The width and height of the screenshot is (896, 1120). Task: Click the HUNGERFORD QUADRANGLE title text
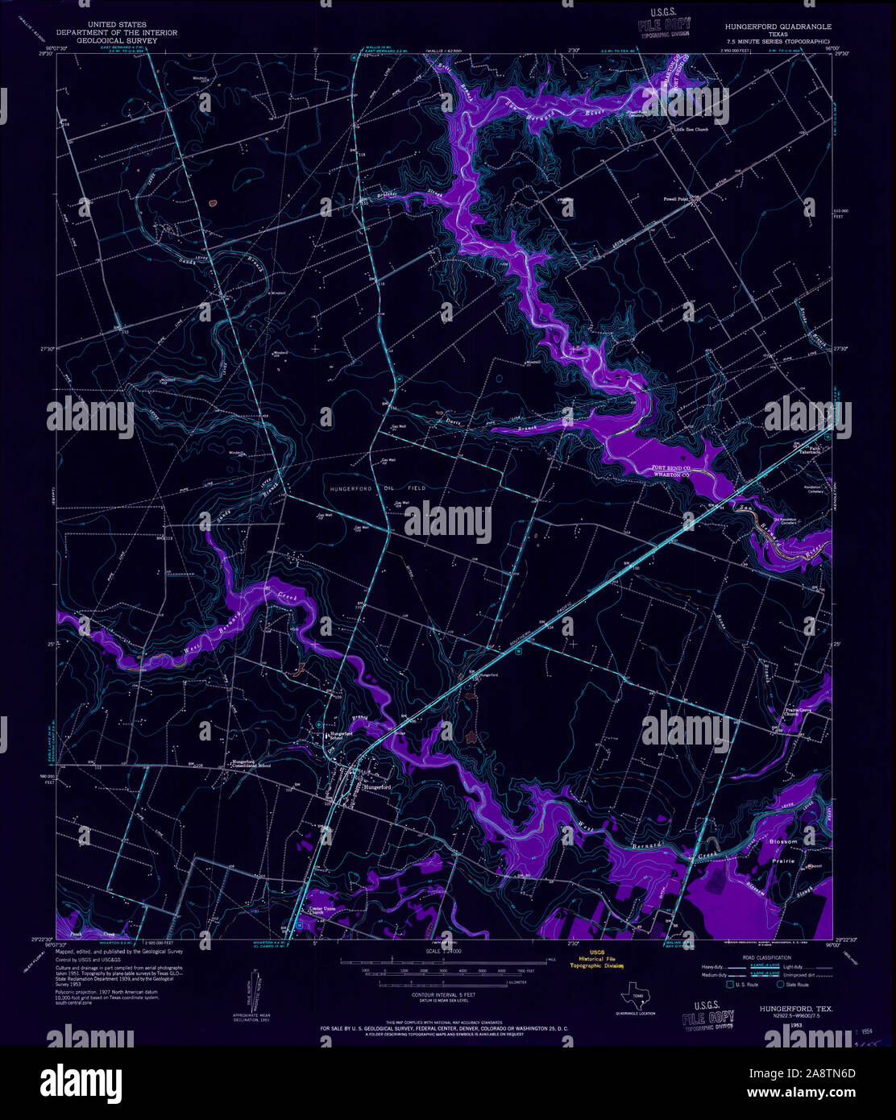(x=773, y=27)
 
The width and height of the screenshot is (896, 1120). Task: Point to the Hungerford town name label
(x=376, y=787)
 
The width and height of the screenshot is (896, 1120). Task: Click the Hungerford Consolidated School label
(x=252, y=764)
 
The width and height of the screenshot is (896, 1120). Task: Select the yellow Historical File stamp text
(x=595, y=958)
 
